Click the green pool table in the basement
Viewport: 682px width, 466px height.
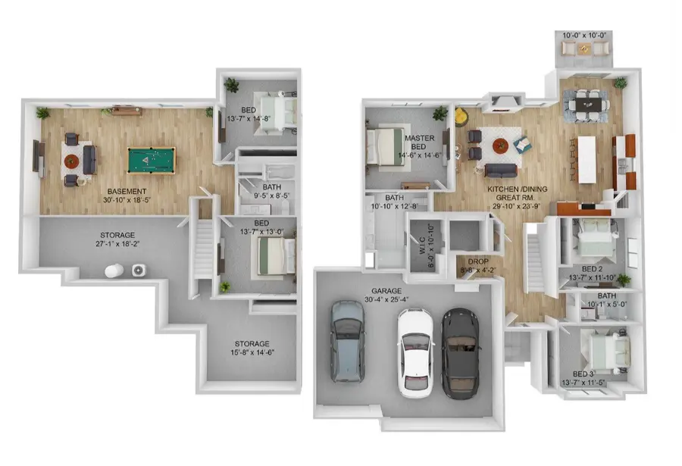152,161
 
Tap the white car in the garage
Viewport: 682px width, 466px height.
416,353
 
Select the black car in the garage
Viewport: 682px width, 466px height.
460,353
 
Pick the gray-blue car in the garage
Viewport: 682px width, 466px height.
348,342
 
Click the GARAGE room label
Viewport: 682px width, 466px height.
386,291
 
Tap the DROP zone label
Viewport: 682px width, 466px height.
478,261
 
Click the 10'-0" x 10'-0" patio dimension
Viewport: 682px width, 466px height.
583,36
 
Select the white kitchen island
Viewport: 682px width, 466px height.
587,160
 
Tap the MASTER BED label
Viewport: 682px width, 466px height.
419,142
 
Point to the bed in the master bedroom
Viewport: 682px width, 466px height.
384,145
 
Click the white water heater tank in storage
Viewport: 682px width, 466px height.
114,271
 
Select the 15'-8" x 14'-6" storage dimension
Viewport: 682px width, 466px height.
252,352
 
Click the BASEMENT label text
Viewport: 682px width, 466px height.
127,192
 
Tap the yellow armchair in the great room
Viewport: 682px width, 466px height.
461,117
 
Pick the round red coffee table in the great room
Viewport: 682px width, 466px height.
500,145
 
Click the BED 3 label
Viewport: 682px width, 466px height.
583,374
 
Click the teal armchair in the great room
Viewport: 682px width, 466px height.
522,145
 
